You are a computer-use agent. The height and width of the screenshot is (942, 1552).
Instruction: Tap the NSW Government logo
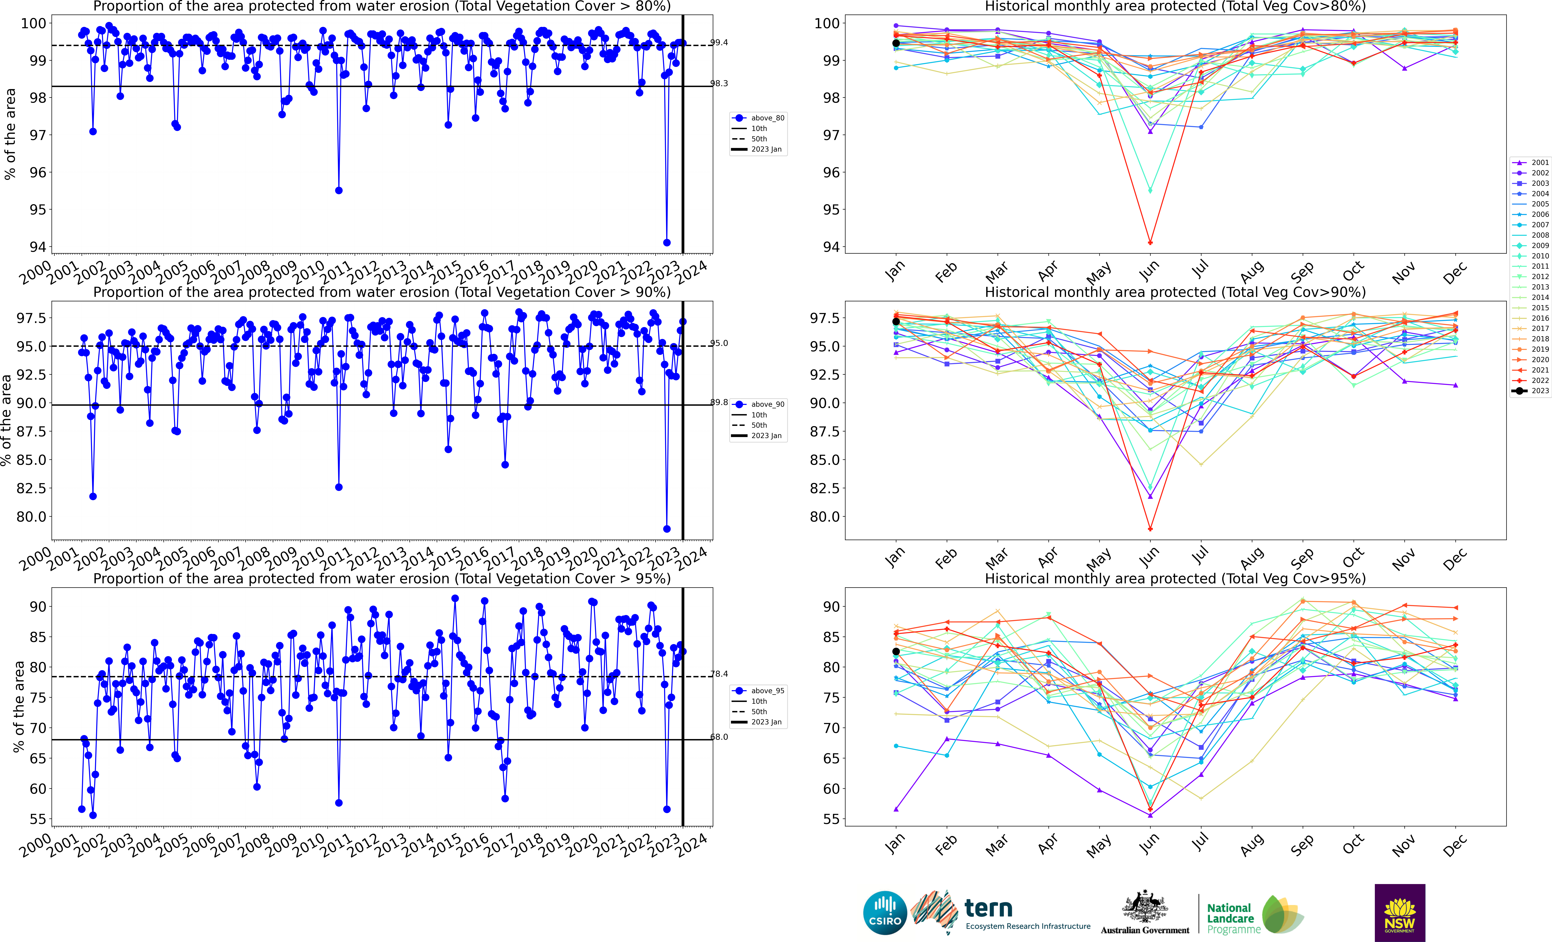(x=1400, y=912)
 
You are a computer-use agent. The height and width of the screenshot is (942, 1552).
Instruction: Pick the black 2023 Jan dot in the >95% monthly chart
(x=896, y=652)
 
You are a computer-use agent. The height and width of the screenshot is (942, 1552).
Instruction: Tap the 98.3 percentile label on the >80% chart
(x=719, y=83)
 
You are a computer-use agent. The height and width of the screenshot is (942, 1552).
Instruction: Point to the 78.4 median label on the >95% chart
(x=719, y=674)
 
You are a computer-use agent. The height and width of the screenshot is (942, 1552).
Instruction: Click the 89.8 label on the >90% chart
(x=719, y=402)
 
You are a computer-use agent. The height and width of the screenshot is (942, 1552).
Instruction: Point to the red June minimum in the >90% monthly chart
(x=1150, y=529)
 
